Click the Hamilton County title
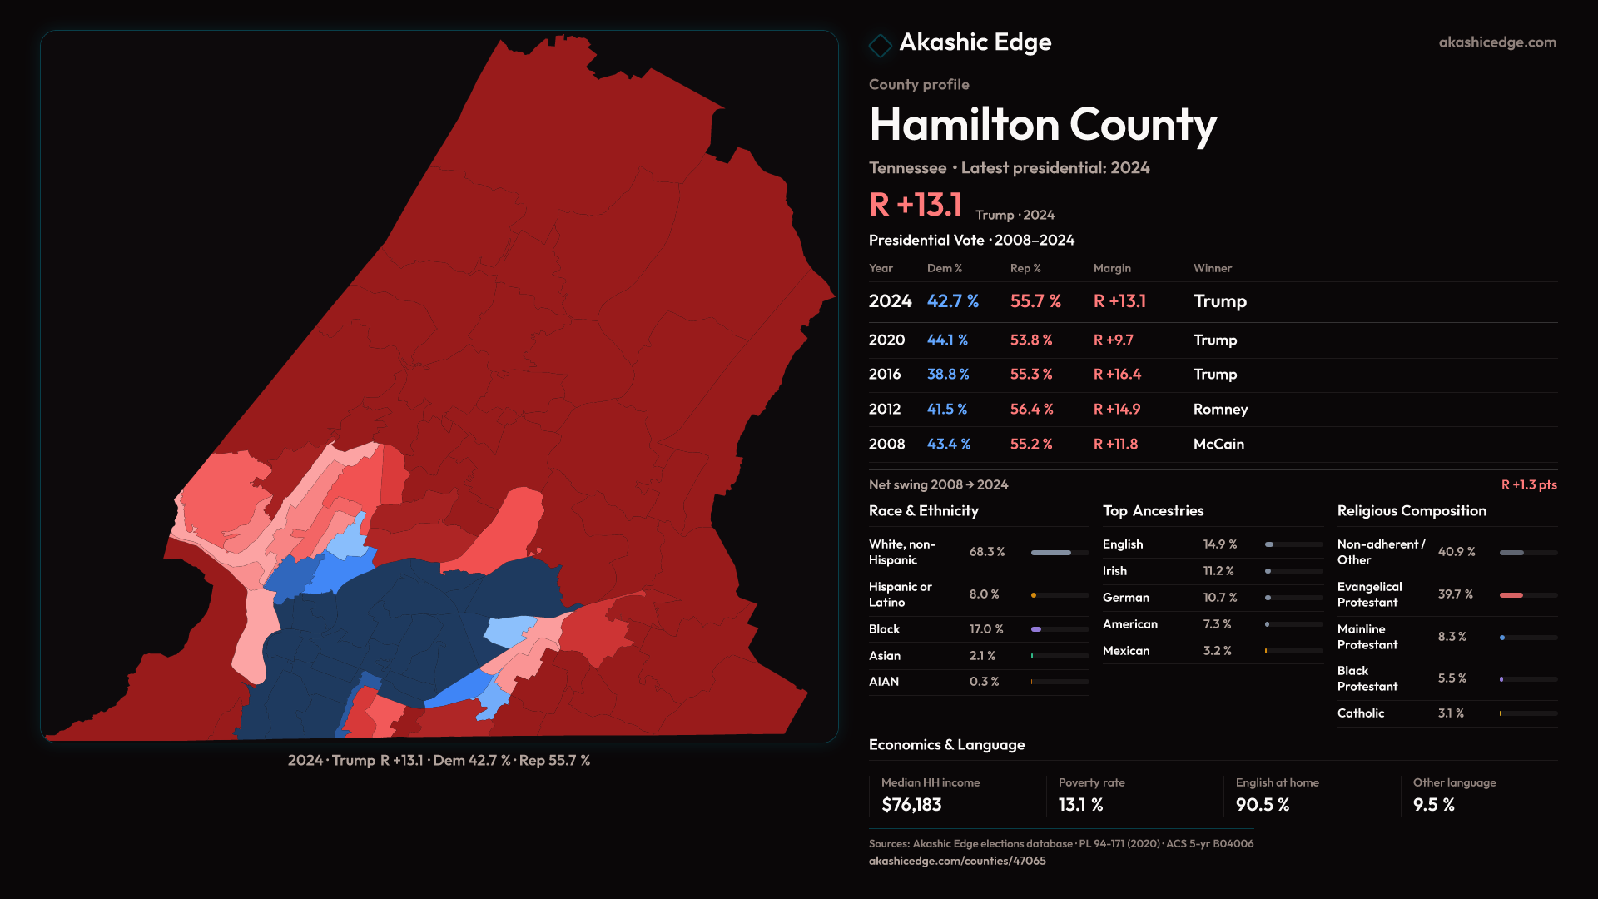click(1042, 125)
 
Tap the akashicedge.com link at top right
click(1496, 42)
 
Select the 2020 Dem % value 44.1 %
click(947, 340)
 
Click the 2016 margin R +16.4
click(1117, 375)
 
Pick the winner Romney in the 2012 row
click(1220, 410)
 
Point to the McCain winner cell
click(1218, 445)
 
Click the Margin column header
click(1112, 269)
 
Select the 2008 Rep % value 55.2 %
click(1031, 445)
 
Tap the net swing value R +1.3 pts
click(1528, 485)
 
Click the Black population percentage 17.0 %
click(986, 629)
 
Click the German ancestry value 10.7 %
click(1220, 598)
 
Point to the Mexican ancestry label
click(1125, 651)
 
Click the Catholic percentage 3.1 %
click(1451, 713)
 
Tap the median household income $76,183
click(911, 805)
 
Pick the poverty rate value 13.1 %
click(1080, 805)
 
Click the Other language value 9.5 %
click(1433, 805)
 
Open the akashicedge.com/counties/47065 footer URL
click(957, 862)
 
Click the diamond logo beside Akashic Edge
click(880, 45)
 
